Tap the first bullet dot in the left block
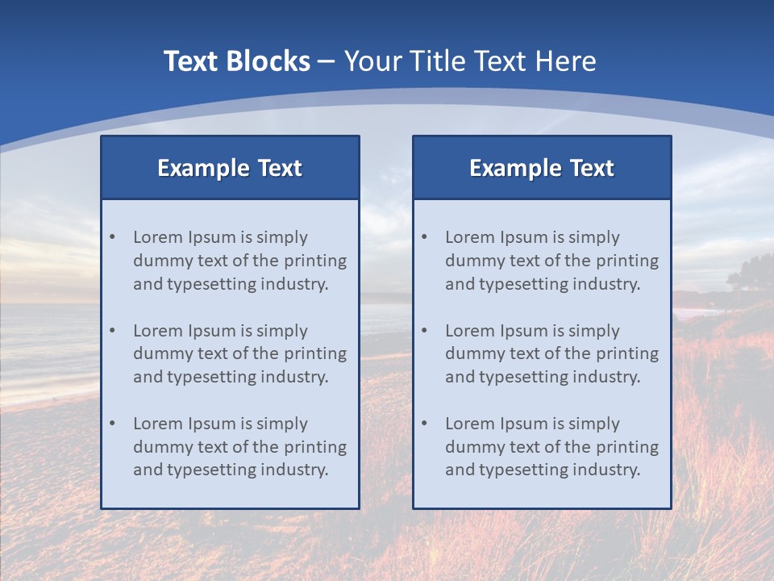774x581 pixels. (113, 237)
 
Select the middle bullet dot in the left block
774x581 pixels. (113, 331)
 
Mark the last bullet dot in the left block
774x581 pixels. (113, 424)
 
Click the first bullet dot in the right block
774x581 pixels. (425, 237)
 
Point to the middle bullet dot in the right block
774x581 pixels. (425, 331)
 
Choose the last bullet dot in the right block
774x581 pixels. (425, 424)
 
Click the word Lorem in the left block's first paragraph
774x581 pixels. (158, 237)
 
